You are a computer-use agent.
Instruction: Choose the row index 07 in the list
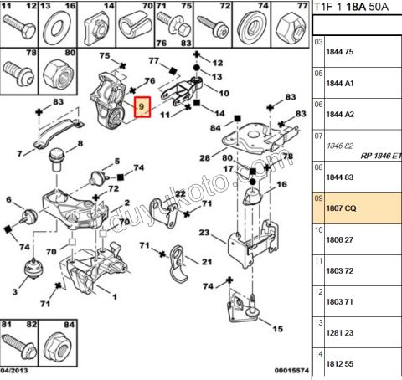coord(318,135)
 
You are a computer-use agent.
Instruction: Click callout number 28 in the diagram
coord(205,158)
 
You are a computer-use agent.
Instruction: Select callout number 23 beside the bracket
coord(205,234)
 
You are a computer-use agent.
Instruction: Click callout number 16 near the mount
coord(280,184)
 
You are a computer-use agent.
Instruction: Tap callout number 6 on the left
coord(9,201)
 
